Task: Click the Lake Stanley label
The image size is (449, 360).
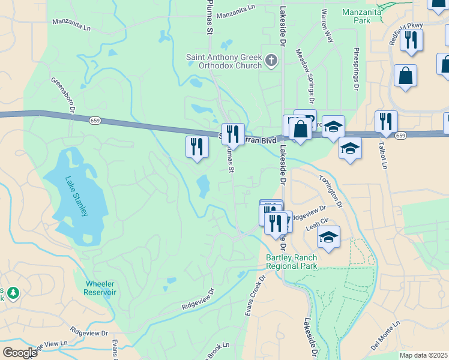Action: click(77, 196)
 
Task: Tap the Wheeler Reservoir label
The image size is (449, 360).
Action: click(100, 287)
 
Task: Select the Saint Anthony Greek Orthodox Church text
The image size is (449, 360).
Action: click(224, 61)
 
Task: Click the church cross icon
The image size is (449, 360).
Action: click(272, 60)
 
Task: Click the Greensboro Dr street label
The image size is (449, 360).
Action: click(62, 95)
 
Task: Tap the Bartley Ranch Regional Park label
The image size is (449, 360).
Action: click(292, 262)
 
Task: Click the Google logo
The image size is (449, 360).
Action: click(20, 352)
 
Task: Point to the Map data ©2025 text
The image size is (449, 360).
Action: click(423, 355)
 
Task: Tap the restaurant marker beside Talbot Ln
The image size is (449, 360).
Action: click(386, 122)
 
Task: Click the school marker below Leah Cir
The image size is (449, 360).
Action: click(328, 237)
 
